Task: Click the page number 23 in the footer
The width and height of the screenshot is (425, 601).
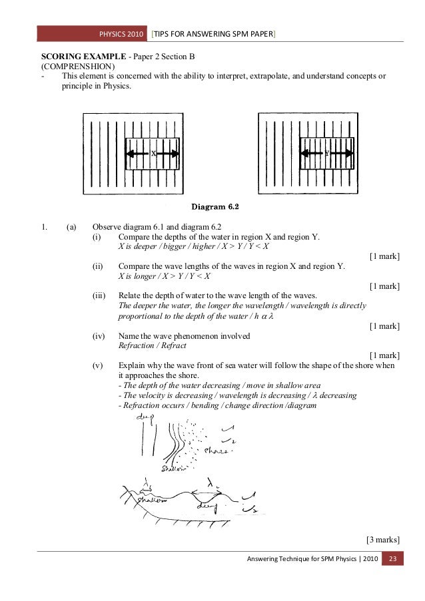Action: tap(392, 558)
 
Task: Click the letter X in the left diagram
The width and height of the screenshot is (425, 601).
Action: tap(153, 154)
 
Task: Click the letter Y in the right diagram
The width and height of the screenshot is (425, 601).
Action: tap(326, 154)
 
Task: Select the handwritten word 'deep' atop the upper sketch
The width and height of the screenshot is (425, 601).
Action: tap(145, 417)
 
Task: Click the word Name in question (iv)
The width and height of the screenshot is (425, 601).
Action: tap(129, 336)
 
